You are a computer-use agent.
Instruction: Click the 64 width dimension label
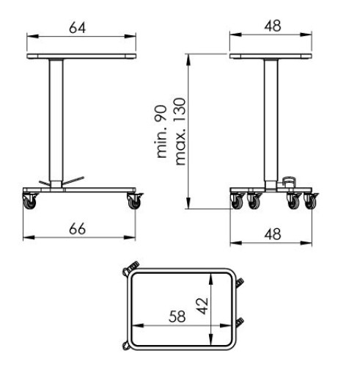tap(78, 28)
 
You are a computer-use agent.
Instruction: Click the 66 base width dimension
tap(78, 229)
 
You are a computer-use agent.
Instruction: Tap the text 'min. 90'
tap(162, 131)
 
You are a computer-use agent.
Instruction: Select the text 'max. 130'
tap(180, 131)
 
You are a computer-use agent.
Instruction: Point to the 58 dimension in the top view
tap(177, 316)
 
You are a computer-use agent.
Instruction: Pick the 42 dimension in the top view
tap(203, 306)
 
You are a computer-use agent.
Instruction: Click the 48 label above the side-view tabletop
tap(273, 26)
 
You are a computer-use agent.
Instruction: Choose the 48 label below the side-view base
tap(273, 234)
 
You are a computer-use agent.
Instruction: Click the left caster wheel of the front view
tap(30, 201)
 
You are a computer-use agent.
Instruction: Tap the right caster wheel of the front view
tap(135, 201)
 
